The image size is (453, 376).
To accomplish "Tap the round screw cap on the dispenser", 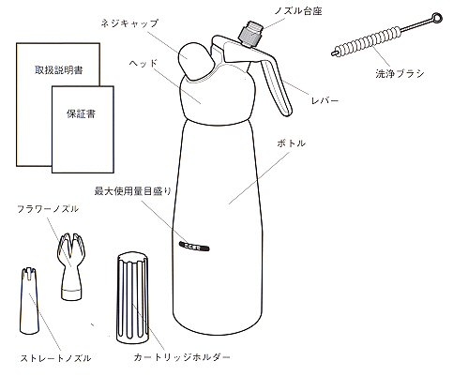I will coord(197,59).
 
